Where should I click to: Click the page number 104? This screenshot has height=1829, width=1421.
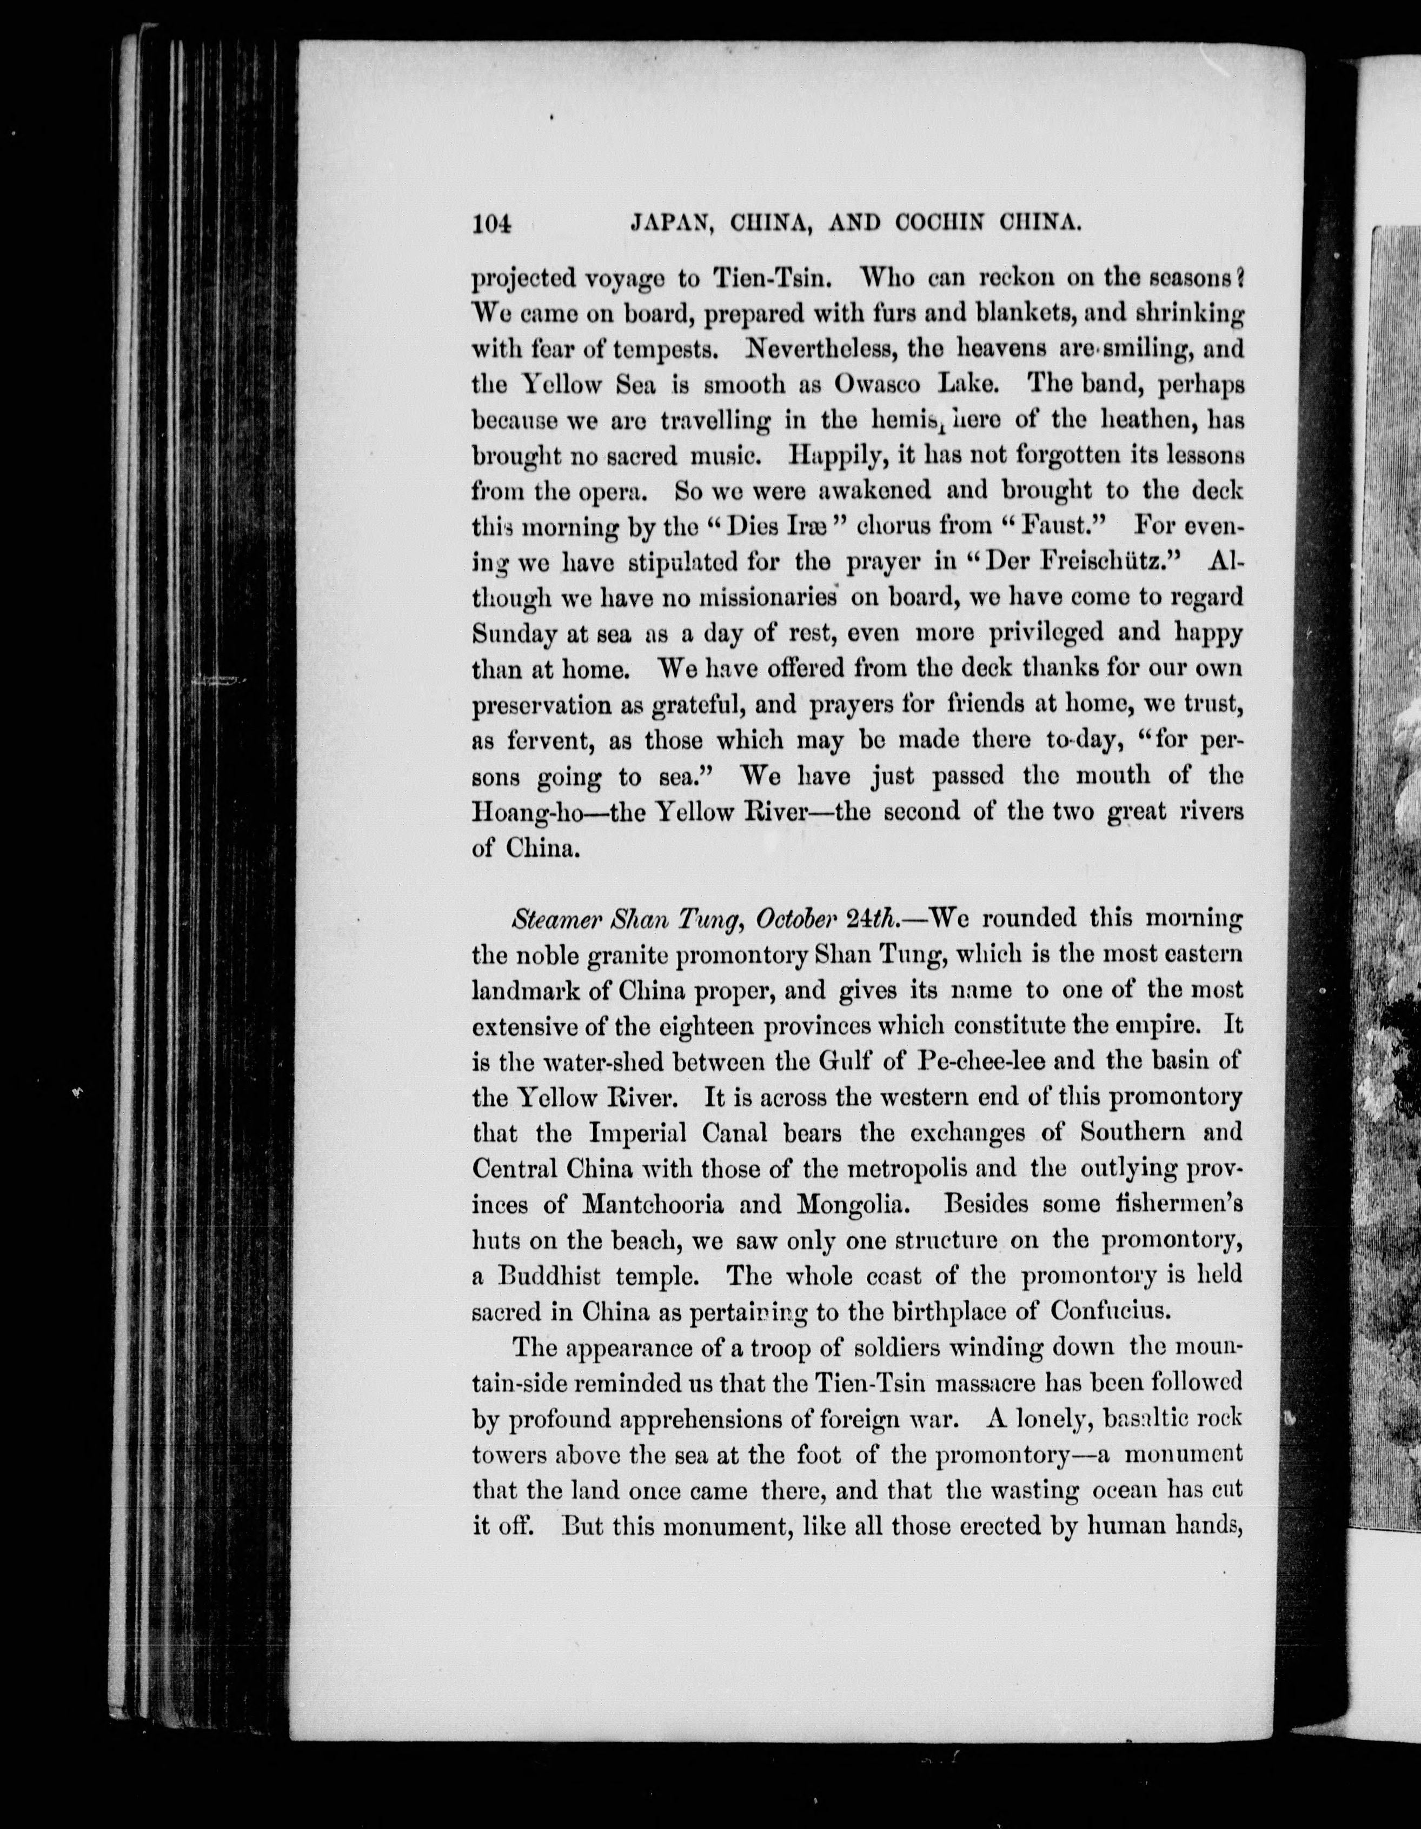pos(492,224)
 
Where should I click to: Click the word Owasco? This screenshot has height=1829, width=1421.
pos(876,384)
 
